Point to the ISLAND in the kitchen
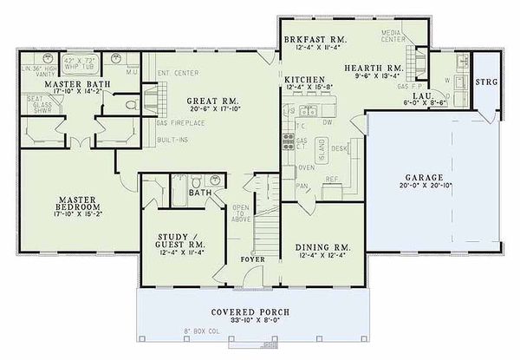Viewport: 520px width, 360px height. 322,154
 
